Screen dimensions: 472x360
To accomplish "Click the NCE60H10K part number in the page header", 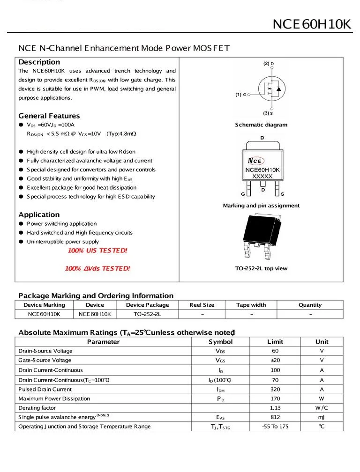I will click(x=312, y=24).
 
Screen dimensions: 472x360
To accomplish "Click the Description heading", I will click(x=39, y=62).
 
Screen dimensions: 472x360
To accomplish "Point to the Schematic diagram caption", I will click(x=261, y=125).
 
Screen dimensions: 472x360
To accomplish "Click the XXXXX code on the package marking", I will click(x=262, y=177).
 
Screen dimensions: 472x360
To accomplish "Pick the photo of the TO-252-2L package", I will click(x=261, y=236).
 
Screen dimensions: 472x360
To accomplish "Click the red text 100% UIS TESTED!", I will click(x=97, y=251).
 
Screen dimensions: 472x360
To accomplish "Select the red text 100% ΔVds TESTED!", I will click(x=97, y=268).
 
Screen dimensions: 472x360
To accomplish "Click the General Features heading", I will click(x=49, y=116).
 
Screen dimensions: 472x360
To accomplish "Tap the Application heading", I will click(x=39, y=214).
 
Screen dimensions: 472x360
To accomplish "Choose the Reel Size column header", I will click(x=202, y=305).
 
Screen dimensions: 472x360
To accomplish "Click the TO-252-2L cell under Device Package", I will click(x=147, y=314).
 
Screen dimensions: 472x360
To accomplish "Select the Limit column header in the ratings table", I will click(x=275, y=342).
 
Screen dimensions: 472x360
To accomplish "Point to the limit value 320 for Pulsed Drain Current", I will click(x=275, y=389).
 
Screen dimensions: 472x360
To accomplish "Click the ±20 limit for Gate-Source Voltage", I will click(x=275, y=360).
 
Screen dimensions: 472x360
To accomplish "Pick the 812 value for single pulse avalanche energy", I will click(x=275, y=417).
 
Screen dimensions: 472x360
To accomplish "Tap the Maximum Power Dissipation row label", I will click(x=54, y=398).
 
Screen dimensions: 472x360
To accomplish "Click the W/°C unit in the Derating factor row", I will click(x=322, y=408).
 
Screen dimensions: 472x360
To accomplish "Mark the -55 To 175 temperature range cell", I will click(x=275, y=427).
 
